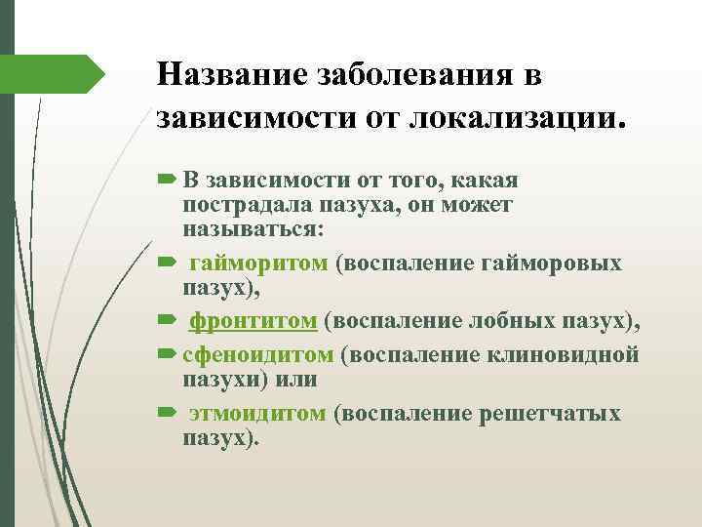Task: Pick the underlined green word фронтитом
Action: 253,321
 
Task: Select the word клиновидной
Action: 574,354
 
